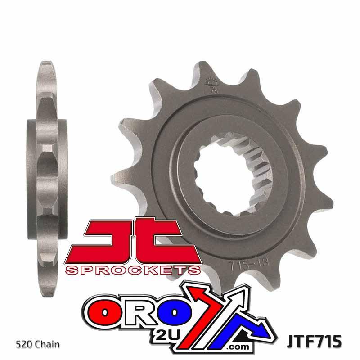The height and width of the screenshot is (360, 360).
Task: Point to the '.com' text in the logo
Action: pyautogui.click(x=238, y=346)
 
